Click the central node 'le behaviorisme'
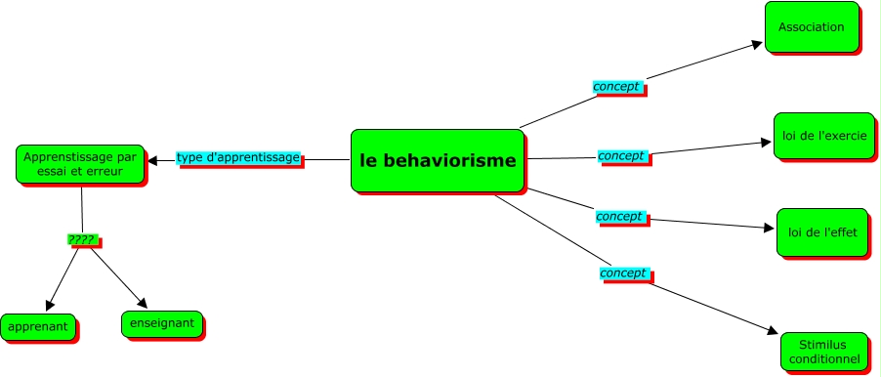click(437, 160)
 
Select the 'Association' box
click(811, 27)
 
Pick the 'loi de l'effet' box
click(820, 232)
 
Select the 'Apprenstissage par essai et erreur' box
click(80, 163)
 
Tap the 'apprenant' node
click(38, 327)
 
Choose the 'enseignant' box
click(162, 323)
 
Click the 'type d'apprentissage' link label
click(238, 158)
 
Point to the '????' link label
click(81, 239)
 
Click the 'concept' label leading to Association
click(616, 87)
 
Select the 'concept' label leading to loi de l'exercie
click(621, 156)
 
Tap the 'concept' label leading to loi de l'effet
click(619, 216)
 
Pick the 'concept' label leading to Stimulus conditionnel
click(623, 273)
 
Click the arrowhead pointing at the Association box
click(757, 43)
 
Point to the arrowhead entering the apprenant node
click(50, 306)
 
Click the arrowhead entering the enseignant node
click(142, 304)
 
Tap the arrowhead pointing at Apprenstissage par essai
click(152, 160)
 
